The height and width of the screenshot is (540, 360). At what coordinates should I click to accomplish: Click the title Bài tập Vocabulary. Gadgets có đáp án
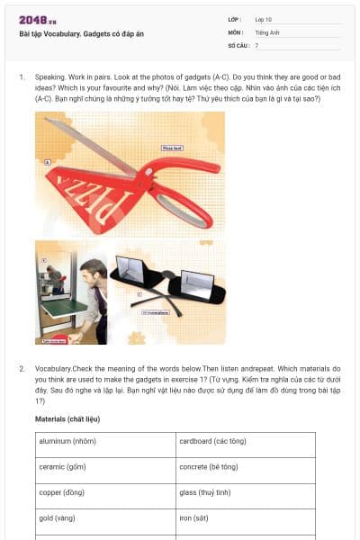click(x=81, y=34)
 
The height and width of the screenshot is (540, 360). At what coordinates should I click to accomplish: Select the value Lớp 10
click(x=264, y=19)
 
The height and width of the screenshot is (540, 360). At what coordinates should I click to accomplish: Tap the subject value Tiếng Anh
click(x=267, y=31)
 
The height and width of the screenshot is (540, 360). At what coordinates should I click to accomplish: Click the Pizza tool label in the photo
click(x=172, y=147)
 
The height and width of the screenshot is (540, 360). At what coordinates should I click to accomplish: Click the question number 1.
click(x=22, y=77)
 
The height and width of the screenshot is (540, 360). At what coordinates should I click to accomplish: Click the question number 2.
click(x=22, y=369)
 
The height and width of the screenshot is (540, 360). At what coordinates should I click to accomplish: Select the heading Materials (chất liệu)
click(x=67, y=419)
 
